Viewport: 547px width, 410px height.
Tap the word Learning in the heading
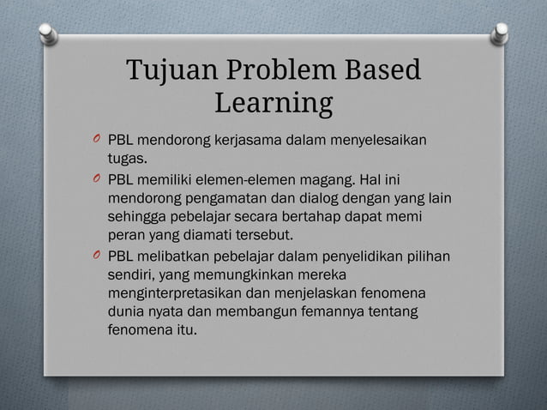(x=273, y=104)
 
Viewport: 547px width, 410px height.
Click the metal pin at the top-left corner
(x=50, y=33)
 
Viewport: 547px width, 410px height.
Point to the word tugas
(x=125, y=160)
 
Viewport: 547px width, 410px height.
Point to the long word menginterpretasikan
(x=176, y=294)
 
